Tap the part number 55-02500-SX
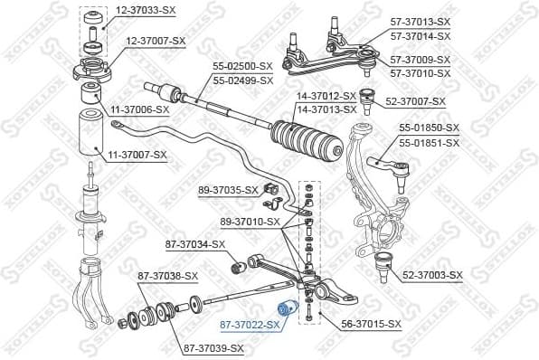tap(242, 66)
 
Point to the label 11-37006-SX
tap(140, 109)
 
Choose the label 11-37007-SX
tap(138, 155)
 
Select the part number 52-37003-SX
tap(432, 275)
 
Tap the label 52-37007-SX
tap(416, 101)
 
